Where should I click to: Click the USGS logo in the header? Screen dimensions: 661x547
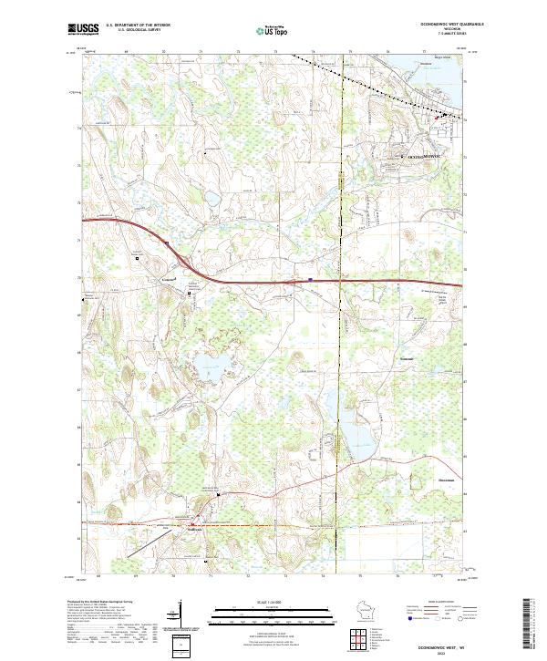coord(83,30)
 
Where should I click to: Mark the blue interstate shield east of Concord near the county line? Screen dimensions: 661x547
coord(310,281)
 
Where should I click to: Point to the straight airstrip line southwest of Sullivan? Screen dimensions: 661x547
coord(146,545)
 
